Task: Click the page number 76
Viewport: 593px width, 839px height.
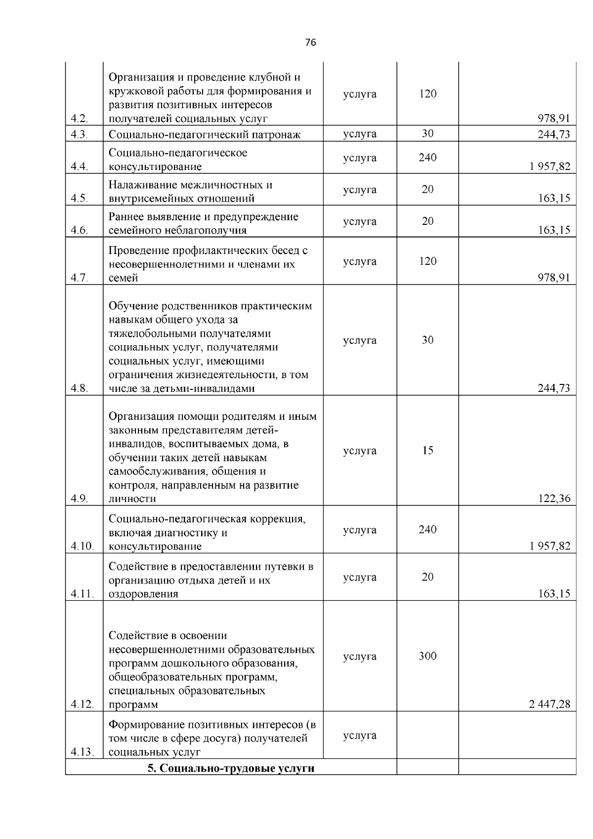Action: [x=310, y=42]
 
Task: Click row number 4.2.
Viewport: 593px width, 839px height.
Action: [x=79, y=119]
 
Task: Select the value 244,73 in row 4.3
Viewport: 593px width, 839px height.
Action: [x=554, y=134]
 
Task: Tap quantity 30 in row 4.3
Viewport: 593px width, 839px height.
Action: [x=427, y=134]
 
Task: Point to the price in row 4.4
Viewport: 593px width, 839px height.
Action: [x=550, y=167]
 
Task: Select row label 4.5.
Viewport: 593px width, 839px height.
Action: [x=79, y=199]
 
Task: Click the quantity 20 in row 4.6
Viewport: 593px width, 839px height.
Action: [x=427, y=221]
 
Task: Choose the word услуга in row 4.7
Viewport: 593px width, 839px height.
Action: [x=360, y=261]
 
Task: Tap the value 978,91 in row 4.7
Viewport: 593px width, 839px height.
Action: [x=554, y=278]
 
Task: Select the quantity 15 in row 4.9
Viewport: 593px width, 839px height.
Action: [x=427, y=451]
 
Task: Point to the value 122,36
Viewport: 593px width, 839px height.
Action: [x=554, y=499]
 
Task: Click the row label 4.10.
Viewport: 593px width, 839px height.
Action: [x=82, y=546]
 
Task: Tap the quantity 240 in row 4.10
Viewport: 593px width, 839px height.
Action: [x=427, y=530]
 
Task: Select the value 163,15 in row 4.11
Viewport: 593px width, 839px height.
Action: [x=554, y=594]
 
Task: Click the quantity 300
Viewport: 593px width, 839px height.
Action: [x=427, y=656]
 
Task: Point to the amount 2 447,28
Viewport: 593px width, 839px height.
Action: [x=550, y=705]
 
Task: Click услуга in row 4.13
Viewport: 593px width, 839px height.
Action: [x=360, y=736]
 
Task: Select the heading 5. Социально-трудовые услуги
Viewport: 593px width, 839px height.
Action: [x=231, y=768]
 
